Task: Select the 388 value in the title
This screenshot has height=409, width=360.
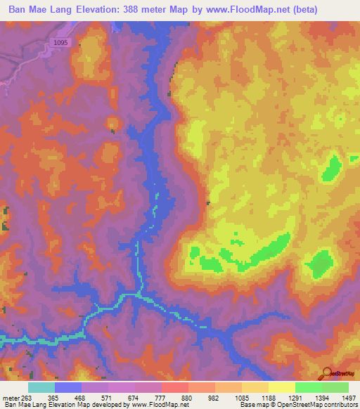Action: coord(157,10)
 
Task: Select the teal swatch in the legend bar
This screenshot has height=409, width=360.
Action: coord(41,387)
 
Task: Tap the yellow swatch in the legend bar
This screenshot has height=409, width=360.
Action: coord(281,387)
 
